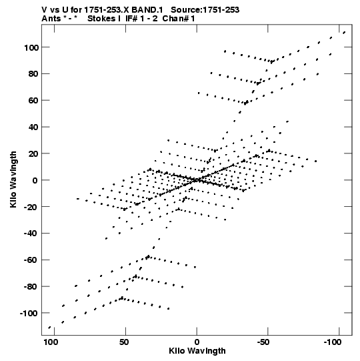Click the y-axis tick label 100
(31, 47)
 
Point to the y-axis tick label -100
(29, 314)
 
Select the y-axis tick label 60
(33, 101)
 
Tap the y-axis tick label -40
(31, 234)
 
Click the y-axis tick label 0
(35, 180)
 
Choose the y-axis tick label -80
(31, 287)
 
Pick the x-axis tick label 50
(124, 342)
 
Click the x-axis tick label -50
(263, 342)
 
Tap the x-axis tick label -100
(333, 342)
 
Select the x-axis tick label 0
(197, 342)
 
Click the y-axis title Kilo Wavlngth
(13, 179)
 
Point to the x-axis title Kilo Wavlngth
(197, 351)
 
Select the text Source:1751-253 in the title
(205, 10)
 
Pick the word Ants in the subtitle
(51, 19)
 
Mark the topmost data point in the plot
(344, 33)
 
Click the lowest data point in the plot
(49, 328)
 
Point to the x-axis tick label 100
(51, 342)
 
